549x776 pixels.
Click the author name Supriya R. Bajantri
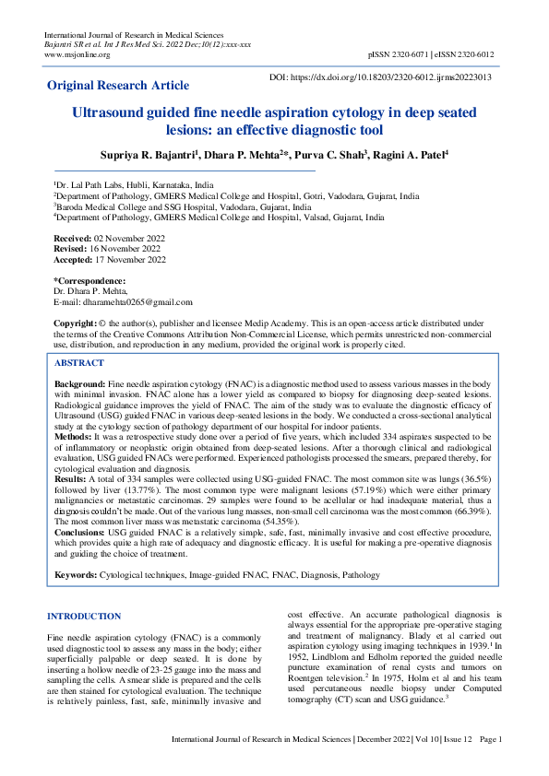149,154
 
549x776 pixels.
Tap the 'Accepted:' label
74,260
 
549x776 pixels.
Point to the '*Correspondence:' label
90,280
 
